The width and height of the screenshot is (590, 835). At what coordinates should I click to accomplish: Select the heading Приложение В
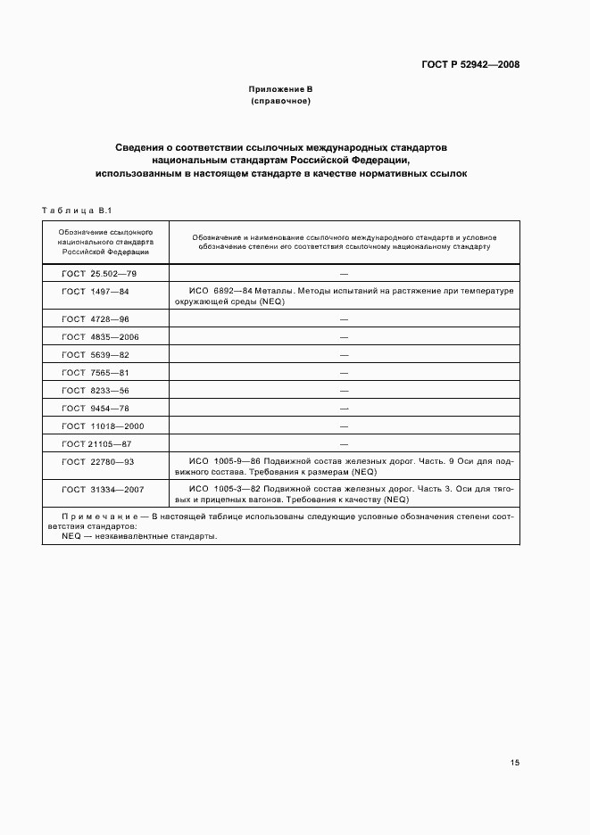point(280,90)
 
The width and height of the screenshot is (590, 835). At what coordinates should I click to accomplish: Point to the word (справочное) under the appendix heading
point(280,102)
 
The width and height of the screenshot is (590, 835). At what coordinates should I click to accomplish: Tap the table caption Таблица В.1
point(76,211)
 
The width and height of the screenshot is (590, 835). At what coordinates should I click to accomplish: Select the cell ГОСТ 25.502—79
point(98,274)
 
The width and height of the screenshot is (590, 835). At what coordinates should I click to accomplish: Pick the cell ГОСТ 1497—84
point(96,292)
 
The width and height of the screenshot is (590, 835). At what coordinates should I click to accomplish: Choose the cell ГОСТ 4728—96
point(96,318)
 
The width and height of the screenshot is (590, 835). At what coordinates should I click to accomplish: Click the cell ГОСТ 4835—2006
point(100,336)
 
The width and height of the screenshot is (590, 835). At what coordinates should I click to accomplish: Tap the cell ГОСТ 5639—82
point(96,354)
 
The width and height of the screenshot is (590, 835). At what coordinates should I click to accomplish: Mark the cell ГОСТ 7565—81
point(96,372)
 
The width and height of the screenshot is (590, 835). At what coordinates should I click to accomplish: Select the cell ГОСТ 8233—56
point(96,390)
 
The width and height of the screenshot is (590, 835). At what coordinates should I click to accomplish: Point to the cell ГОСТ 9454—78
point(96,408)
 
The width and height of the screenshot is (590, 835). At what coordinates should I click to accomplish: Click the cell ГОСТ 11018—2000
point(103,426)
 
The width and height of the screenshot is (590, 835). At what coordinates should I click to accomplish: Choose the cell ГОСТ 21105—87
point(96,443)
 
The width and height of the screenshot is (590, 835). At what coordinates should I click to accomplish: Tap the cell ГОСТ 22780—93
point(98,461)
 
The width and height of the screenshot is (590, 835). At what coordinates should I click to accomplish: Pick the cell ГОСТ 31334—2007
point(103,489)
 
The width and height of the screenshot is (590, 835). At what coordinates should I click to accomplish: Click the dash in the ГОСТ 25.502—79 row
point(344,274)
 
